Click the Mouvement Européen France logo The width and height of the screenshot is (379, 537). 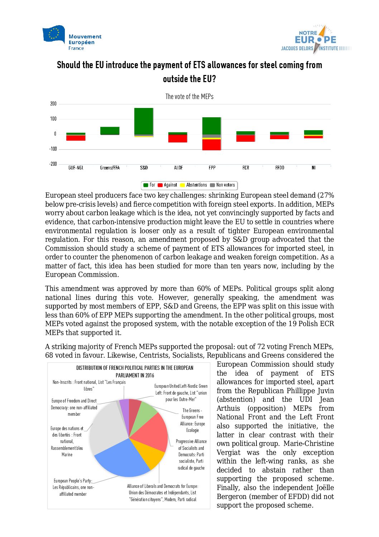click(x=72, y=38)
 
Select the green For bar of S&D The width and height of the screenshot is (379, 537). click(x=144, y=121)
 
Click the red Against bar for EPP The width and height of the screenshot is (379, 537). click(x=211, y=145)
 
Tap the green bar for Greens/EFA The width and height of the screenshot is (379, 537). click(x=110, y=131)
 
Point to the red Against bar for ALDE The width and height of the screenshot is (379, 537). click(x=178, y=138)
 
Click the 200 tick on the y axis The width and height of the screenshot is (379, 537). click(x=53, y=104)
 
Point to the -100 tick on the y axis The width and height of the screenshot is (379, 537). click(x=53, y=149)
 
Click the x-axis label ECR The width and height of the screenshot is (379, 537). click(x=246, y=168)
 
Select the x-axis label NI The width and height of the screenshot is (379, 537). click(x=313, y=168)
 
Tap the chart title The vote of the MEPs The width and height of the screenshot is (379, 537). click(x=189, y=96)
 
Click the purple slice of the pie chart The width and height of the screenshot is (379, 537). click(x=124, y=408)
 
